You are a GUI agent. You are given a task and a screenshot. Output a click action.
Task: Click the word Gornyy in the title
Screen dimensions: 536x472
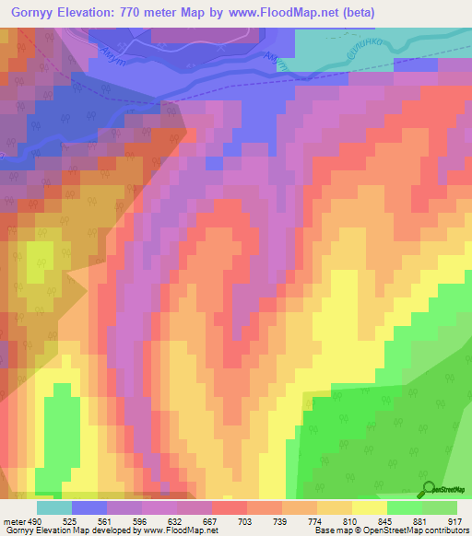[x=34, y=15]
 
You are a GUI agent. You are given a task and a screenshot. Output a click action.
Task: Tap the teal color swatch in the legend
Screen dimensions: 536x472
[x=54, y=507]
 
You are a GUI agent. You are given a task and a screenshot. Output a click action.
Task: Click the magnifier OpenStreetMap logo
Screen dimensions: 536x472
[x=429, y=489]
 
